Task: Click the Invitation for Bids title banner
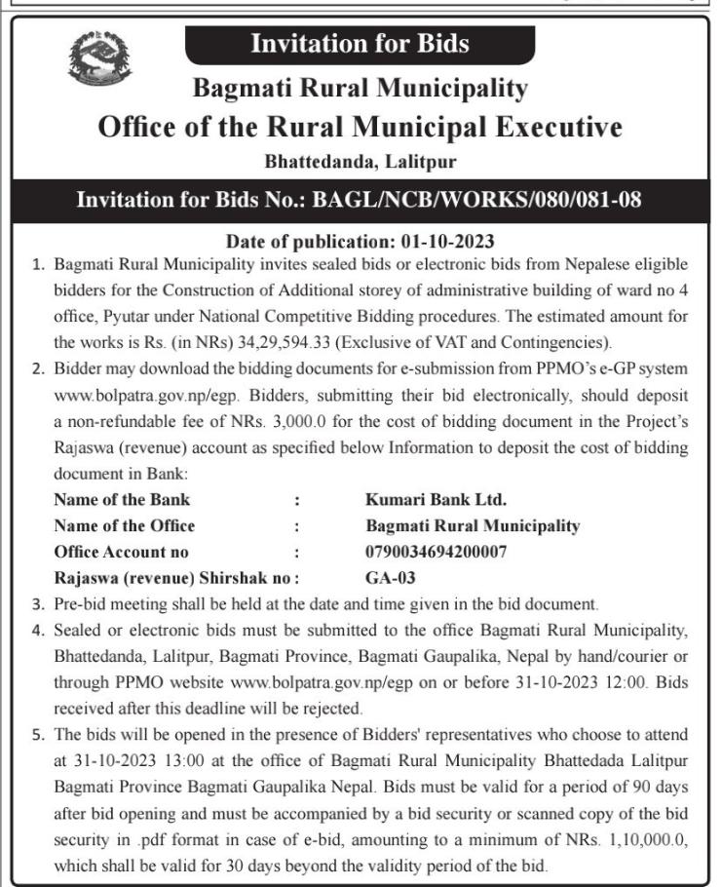pyautogui.click(x=360, y=44)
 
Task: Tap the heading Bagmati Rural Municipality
pyautogui.click(x=360, y=89)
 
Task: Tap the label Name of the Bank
pyautogui.click(x=122, y=501)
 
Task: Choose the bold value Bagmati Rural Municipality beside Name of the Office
pyautogui.click(x=466, y=526)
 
